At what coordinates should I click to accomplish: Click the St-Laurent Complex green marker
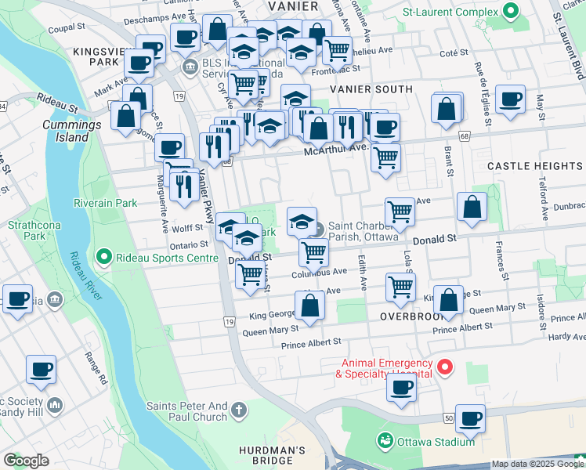pyautogui.click(x=511, y=12)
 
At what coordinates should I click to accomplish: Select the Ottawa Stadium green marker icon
pyautogui.click(x=384, y=441)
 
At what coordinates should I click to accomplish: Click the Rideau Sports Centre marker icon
pyautogui.click(x=102, y=257)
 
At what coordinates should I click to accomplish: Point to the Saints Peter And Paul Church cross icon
pyautogui.click(x=238, y=410)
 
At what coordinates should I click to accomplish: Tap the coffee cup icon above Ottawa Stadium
pyautogui.click(x=470, y=419)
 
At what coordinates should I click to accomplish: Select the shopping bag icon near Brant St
pyautogui.click(x=446, y=110)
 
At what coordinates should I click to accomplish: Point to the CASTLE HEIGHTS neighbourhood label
pyautogui.click(x=534, y=166)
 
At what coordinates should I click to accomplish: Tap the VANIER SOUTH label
pyautogui.click(x=353, y=89)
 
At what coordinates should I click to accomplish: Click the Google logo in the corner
pyautogui.click(x=26, y=461)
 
